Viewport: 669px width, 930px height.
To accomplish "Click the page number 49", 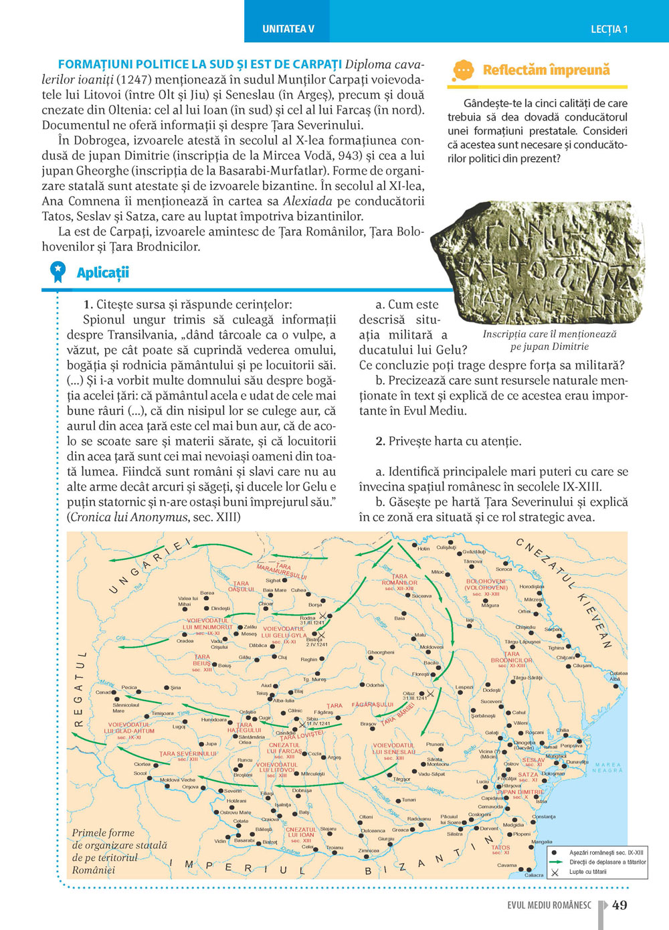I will [619, 905].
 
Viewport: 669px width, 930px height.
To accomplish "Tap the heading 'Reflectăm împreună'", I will [546, 70].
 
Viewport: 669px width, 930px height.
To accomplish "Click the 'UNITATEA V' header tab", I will [288, 29].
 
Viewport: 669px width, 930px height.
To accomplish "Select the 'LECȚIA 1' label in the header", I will [609, 29].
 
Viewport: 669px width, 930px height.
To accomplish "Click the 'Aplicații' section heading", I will [102, 272].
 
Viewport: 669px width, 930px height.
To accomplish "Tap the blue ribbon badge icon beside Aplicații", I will [58, 271].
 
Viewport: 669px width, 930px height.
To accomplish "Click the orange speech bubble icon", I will [463, 70].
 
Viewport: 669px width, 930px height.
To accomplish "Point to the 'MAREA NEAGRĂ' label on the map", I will [607, 767].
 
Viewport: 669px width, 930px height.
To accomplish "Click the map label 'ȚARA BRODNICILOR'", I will [511, 659].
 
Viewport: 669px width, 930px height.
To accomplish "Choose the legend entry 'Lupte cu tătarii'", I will [587, 872].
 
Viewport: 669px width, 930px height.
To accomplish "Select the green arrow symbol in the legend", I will [556, 862].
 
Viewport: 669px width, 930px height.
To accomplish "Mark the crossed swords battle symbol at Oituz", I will [431, 694].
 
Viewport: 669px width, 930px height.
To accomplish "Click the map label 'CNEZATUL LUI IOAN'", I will [300, 832].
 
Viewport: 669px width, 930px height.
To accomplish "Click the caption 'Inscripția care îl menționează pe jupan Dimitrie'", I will [549, 340].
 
